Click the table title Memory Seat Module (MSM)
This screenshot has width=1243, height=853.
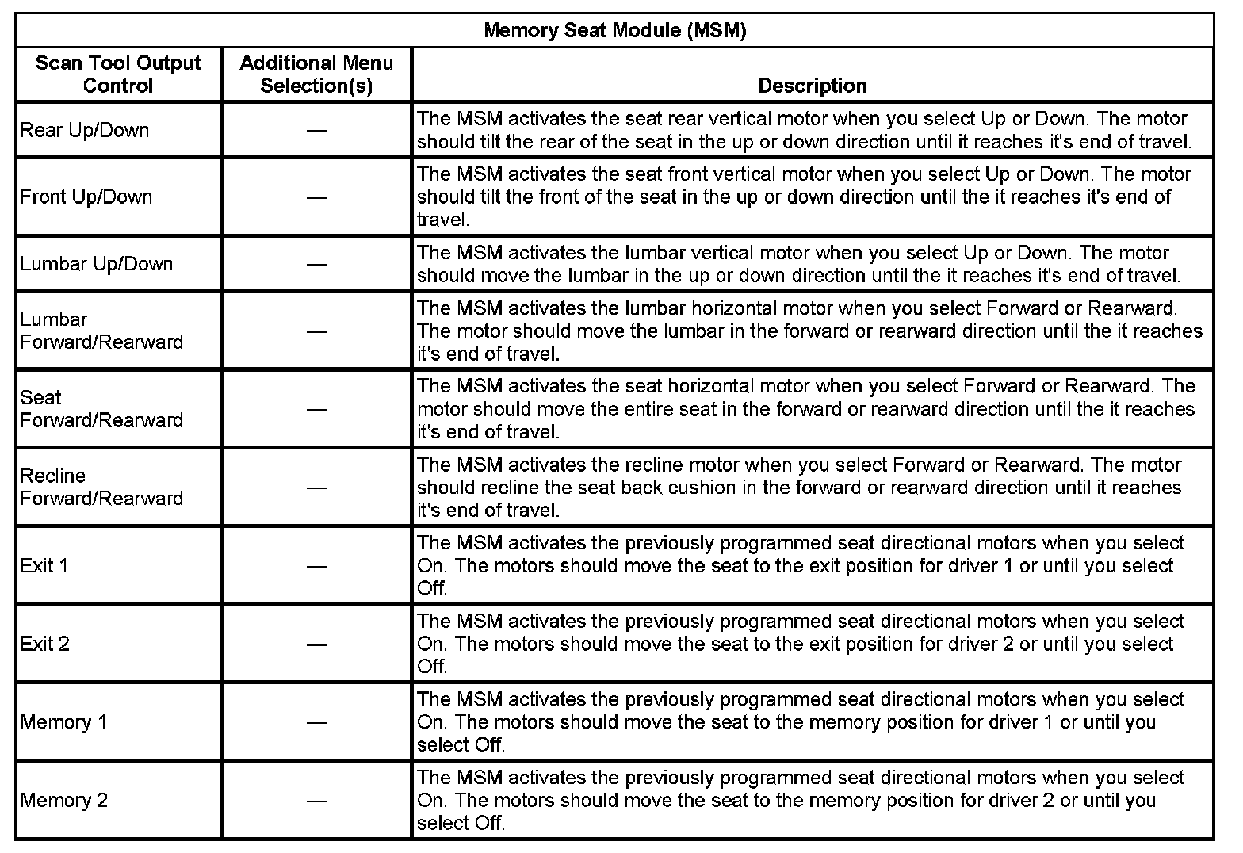coord(614,31)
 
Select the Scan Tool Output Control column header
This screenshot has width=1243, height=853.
coord(118,75)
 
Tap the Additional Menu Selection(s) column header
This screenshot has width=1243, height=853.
coord(316,75)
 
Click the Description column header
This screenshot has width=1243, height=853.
coord(812,86)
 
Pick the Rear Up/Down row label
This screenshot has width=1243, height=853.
coord(85,130)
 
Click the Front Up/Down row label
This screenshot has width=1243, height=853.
coord(86,197)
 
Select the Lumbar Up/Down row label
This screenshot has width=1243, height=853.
coord(97,264)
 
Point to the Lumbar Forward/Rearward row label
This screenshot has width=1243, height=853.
coord(101,331)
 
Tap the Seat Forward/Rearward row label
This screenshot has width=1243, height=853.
coord(101,409)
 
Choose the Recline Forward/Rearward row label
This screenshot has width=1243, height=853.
coord(101,487)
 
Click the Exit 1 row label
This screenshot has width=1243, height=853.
coord(44,565)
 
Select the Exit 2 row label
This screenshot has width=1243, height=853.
coord(45,644)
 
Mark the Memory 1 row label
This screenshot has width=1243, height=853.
coord(63,722)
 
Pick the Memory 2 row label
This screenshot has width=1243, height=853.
coord(64,800)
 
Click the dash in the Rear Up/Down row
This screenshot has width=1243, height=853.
coord(317,130)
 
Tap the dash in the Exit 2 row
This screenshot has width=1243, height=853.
coord(317,644)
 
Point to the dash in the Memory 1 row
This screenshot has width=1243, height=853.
coord(317,722)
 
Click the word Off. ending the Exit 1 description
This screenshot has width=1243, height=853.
coord(433,588)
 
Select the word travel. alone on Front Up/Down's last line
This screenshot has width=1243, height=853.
coord(443,220)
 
